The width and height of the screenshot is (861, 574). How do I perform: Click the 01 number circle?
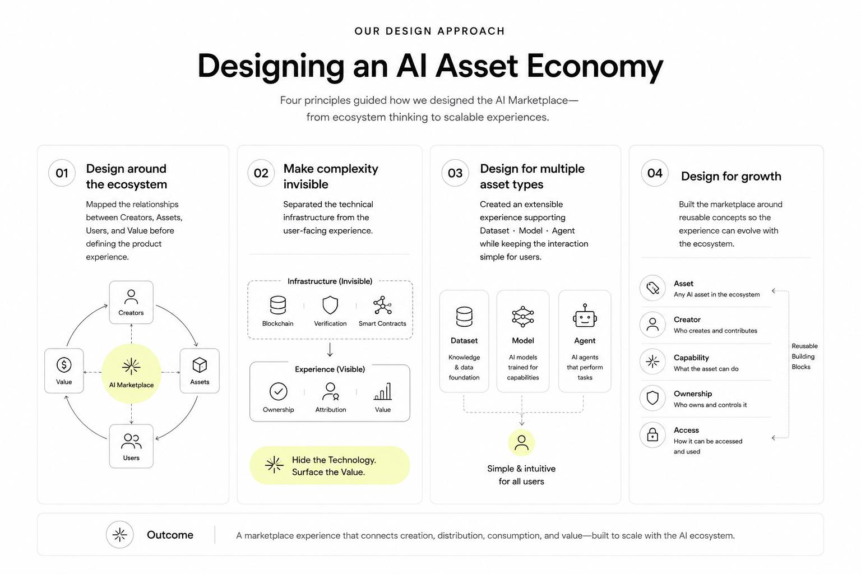pos(62,173)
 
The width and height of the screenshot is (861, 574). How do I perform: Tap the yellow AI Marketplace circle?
pos(131,373)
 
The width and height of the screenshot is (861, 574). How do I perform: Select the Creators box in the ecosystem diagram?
pos(131,302)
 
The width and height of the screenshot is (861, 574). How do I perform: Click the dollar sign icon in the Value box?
pos(64,365)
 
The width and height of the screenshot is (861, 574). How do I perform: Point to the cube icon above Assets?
pos(200,365)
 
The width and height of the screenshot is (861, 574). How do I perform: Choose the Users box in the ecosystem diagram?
pos(131,446)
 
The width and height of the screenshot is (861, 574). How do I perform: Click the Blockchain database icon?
pos(278,305)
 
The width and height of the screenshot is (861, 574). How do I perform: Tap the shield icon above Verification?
pos(330,305)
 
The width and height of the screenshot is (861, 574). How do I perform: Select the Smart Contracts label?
pos(382,324)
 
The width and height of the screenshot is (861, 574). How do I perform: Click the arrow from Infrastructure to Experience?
pos(330,349)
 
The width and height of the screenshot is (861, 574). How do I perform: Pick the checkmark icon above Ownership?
pos(278,391)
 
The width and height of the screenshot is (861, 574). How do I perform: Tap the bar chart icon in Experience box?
pos(383,391)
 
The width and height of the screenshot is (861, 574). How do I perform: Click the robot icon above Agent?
pos(585,316)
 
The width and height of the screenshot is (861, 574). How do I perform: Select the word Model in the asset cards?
pos(523,341)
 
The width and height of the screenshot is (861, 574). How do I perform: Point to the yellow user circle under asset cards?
pos(522,442)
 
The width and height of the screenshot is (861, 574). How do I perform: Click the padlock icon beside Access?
pos(652,435)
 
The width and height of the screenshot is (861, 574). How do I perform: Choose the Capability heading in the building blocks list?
pos(691,358)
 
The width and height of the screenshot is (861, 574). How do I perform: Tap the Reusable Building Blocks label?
pos(804,357)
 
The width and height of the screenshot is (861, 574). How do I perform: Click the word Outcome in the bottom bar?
pos(170,535)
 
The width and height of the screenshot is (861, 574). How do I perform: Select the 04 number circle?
pos(655,173)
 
